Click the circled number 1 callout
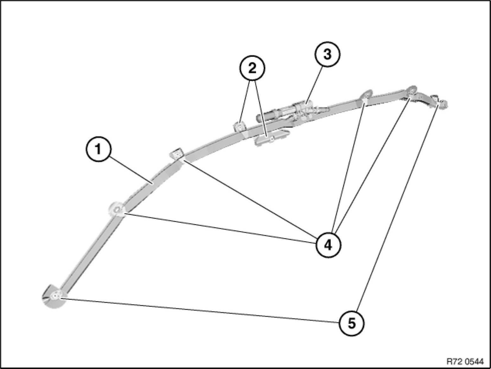click(x=98, y=150)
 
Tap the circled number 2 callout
click(x=252, y=68)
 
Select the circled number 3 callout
click(x=328, y=54)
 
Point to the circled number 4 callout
click(x=328, y=245)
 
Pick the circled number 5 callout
click(x=352, y=323)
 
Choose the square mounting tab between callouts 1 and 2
click(x=177, y=154)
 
